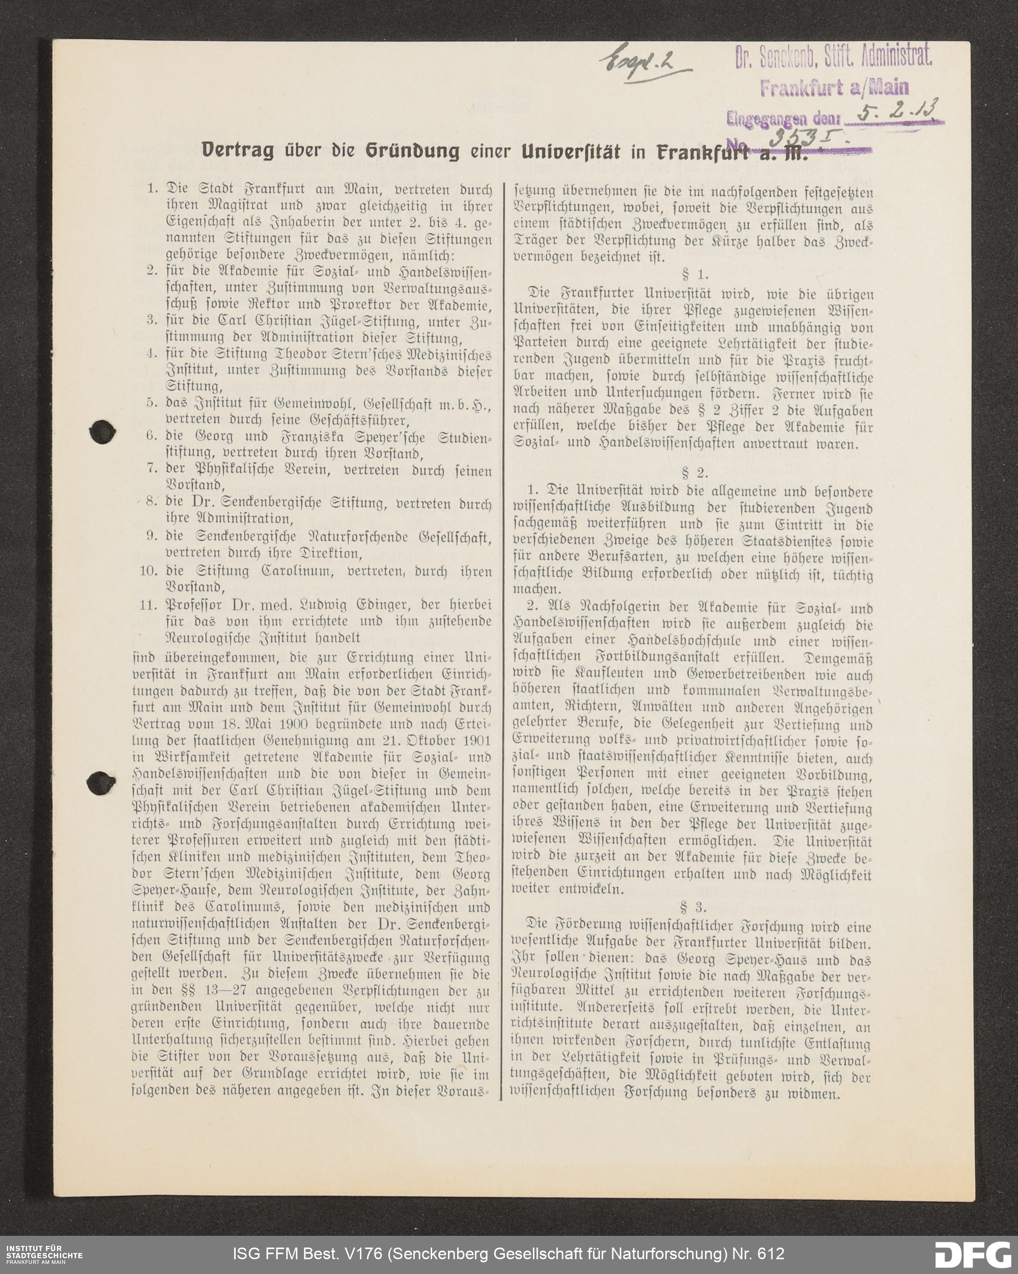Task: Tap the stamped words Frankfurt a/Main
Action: click(834, 88)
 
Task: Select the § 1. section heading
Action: click(694, 275)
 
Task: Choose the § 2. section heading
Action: click(694, 473)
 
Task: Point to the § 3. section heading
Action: click(693, 907)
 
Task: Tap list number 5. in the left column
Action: click(152, 403)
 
